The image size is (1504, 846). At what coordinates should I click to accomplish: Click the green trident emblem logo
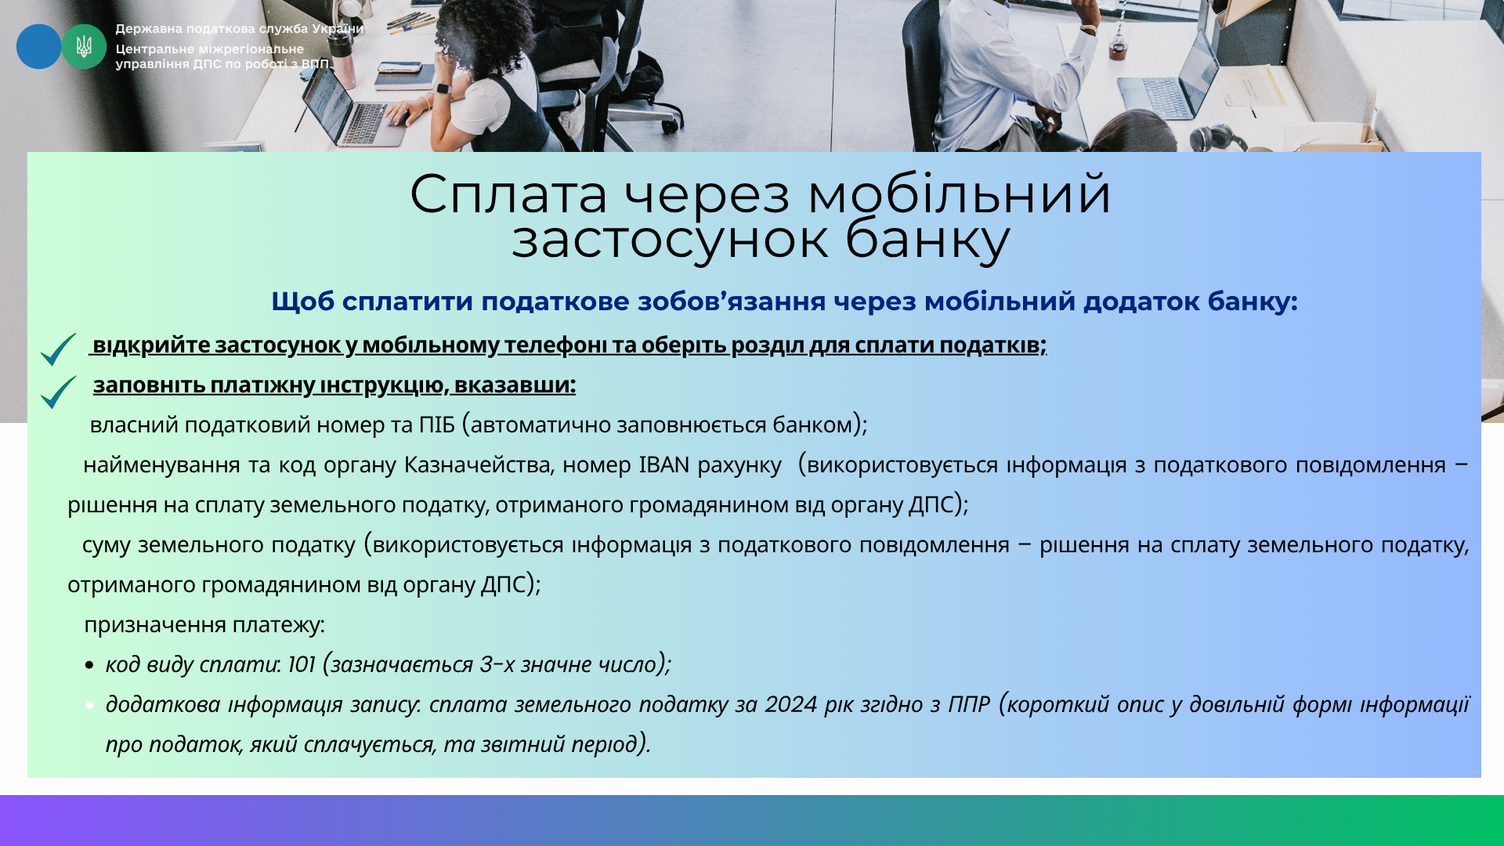pyautogui.click(x=84, y=46)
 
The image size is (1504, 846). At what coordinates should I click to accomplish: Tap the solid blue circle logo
pyautogui.click(x=38, y=46)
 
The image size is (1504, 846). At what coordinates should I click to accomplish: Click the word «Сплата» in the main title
pyautogui.click(x=508, y=194)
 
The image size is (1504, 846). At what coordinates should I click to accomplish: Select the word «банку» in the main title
pyautogui.click(x=928, y=239)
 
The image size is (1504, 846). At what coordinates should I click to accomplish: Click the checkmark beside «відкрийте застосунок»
pyautogui.click(x=58, y=349)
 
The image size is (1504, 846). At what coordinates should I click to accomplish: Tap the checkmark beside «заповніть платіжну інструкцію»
pyautogui.click(x=58, y=392)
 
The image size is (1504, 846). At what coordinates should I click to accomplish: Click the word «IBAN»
pyautogui.click(x=664, y=465)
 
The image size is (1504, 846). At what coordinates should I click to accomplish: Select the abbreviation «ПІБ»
pyautogui.click(x=436, y=425)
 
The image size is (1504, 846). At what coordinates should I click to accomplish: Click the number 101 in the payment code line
pyautogui.click(x=301, y=664)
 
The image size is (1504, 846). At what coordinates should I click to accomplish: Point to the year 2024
pyautogui.click(x=791, y=704)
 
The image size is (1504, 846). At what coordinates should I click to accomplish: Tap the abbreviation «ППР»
pyautogui.click(x=969, y=704)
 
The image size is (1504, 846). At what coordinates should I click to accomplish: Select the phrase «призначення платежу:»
pyautogui.click(x=204, y=625)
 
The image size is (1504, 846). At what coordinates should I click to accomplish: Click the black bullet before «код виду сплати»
pyautogui.click(x=89, y=666)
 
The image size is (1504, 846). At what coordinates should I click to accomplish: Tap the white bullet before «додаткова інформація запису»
pyautogui.click(x=89, y=705)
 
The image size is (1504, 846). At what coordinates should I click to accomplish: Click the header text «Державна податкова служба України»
pyautogui.click(x=240, y=29)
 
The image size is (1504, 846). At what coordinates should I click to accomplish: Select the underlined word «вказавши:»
pyautogui.click(x=515, y=385)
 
